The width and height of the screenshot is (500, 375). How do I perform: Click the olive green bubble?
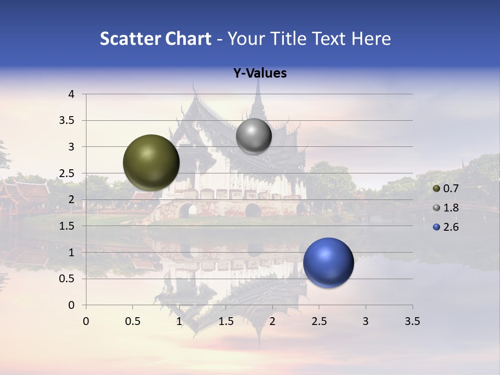(151, 162)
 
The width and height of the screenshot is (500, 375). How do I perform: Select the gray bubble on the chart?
(254, 136)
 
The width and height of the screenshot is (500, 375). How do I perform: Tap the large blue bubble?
(328, 262)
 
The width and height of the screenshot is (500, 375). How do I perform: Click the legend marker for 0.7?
(436, 189)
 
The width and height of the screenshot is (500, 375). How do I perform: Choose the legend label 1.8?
(451, 208)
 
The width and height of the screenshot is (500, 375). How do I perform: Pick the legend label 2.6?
(451, 227)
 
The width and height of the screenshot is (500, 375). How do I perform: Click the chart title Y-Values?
(260, 73)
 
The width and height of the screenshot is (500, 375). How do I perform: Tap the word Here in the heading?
(370, 39)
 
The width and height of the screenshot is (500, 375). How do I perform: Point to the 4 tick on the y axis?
(72, 94)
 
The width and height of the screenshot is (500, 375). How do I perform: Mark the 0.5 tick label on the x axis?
(132, 321)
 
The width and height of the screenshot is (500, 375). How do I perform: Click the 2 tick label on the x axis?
(272, 321)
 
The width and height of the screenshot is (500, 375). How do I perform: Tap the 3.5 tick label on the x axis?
(413, 321)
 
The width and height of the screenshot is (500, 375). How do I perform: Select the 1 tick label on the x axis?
(179, 321)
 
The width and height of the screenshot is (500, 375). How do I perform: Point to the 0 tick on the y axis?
(72, 305)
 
